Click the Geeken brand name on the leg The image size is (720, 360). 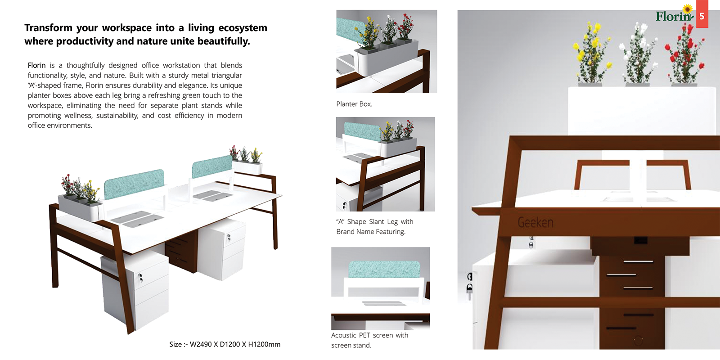(x=535, y=222)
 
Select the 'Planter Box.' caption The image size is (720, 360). (x=354, y=104)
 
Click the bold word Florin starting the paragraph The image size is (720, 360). (x=36, y=65)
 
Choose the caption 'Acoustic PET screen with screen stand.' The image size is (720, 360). (x=369, y=340)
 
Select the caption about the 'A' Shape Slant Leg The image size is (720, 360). (x=375, y=227)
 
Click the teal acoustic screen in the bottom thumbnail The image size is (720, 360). (x=384, y=270)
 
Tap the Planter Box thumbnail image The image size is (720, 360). (x=387, y=51)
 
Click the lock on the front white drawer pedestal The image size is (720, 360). (x=140, y=278)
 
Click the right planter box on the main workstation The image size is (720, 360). (x=247, y=167)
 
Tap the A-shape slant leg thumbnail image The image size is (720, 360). (x=385, y=164)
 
